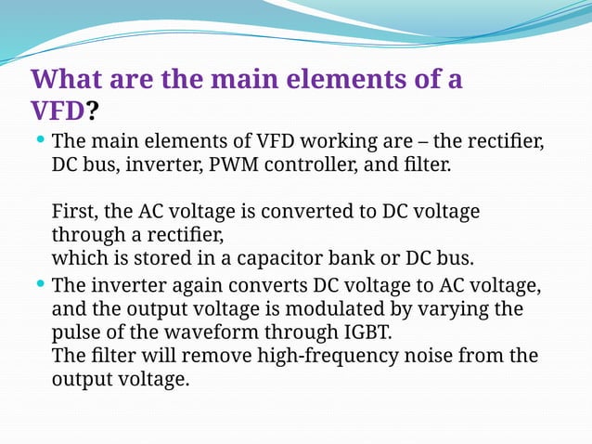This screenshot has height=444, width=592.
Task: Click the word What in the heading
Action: [66, 79]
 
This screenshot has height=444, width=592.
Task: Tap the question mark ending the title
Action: [93, 111]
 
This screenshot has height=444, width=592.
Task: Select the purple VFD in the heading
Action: [58, 111]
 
